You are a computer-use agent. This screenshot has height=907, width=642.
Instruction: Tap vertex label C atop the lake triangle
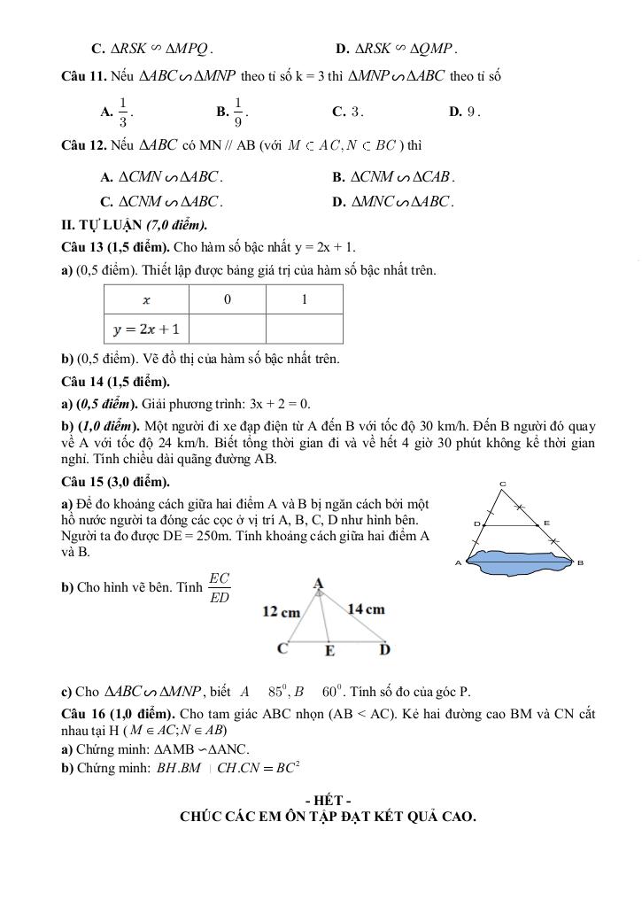coord(503,483)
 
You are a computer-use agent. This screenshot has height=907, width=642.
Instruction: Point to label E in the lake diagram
coord(546,523)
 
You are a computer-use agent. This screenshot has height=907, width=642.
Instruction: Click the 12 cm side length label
coord(281,611)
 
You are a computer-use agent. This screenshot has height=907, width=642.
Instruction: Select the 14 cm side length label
coord(367,609)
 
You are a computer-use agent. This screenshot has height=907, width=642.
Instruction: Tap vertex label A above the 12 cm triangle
coord(318,583)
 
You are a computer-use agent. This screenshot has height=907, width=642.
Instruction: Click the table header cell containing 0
coord(227,299)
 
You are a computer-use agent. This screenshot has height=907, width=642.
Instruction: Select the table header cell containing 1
coord(304,299)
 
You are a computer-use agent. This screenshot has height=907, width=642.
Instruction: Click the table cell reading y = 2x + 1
coord(146,329)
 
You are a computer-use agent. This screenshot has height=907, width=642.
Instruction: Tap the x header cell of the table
coord(146,299)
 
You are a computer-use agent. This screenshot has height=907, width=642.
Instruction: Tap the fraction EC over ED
coord(219,588)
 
